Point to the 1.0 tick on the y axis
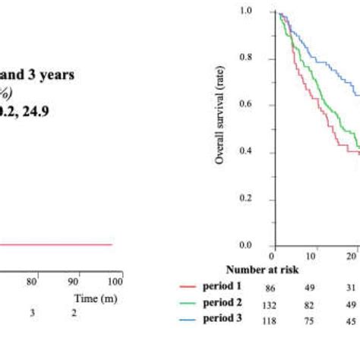245,11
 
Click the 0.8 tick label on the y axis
245,58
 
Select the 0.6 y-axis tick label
245,105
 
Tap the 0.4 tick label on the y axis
245,152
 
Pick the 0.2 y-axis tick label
245,199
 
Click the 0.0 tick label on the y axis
245,245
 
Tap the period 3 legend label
224,318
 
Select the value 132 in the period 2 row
270,305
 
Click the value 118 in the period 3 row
270,320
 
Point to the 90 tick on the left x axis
74,282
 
